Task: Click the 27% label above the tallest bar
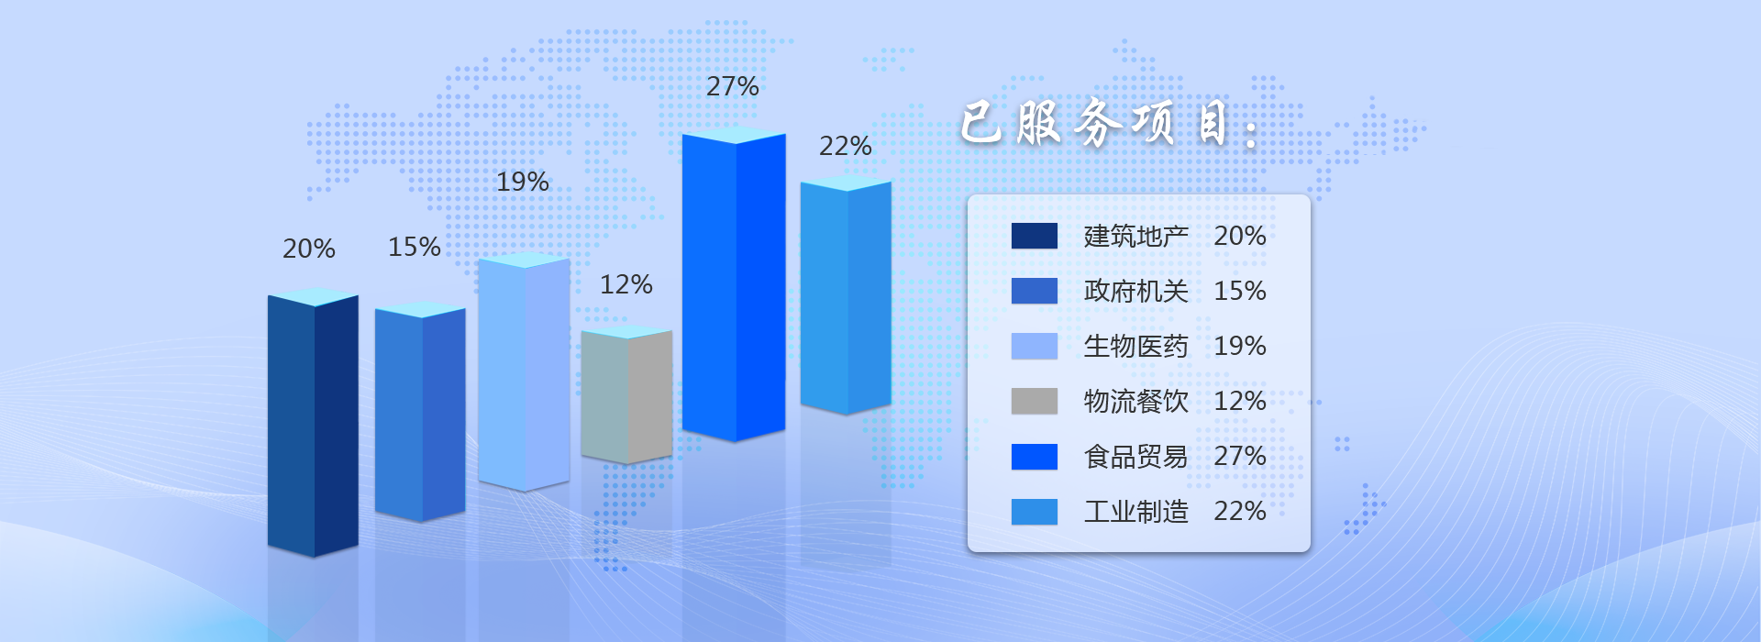(x=732, y=86)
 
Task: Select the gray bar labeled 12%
(x=626, y=394)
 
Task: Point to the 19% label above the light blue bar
(x=522, y=182)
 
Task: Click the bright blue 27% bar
(x=734, y=284)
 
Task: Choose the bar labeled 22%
(x=846, y=294)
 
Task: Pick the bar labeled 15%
(x=420, y=412)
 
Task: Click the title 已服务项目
(x=1109, y=123)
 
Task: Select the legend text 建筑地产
(x=1135, y=237)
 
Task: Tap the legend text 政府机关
(x=1135, y=292)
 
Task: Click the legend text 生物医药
(x=1135, y=347)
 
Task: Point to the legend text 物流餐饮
(x=1135, y=402)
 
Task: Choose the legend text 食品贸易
(x=1135, y=457)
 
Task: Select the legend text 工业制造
(x=1135, y=512)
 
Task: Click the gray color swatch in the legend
(x=1035, y=401)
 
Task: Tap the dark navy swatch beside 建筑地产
(x=1035, y=236)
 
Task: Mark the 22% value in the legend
(x=1240, y=511)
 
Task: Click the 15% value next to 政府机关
(x=1240, y=291)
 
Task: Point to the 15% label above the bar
(x=414, y=247)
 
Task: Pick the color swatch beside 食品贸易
(x=1035, y=457)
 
